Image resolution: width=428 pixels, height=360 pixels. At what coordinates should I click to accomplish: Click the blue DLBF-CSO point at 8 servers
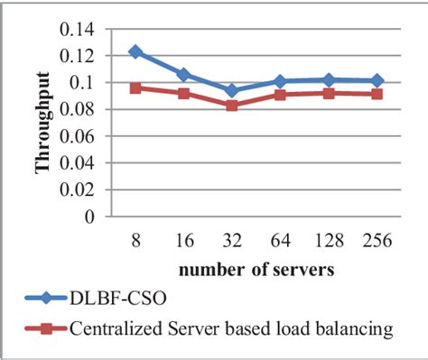pos(135,51)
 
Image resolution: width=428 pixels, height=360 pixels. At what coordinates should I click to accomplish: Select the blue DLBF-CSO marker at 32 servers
pos(232,90)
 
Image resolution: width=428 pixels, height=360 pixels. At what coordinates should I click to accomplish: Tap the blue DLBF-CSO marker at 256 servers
pos(376,80)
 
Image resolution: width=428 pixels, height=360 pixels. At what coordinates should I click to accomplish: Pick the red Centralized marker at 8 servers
pos(135,88)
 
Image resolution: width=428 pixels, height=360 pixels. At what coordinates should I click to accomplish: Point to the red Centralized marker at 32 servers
pos(232,106)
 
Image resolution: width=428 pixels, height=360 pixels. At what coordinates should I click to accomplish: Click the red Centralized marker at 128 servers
pos(328,93)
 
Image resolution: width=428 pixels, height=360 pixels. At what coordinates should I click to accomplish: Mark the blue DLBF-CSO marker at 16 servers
pos(183,74)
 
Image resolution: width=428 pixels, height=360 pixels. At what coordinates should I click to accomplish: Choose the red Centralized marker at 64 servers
pos(280,95)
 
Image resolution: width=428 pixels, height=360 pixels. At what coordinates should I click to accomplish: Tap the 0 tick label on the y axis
pos(88,217)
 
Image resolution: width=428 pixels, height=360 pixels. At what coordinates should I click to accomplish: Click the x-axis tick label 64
pos(280,242)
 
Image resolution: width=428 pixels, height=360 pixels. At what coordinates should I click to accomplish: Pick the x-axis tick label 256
pos(376,242)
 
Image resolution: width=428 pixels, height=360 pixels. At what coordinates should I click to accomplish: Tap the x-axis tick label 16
pos(183,242)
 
